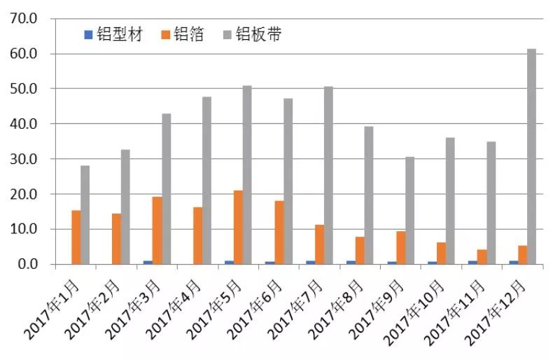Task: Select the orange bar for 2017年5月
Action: [238, 227]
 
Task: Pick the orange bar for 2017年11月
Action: [482, 257]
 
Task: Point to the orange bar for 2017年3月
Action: [157, 230]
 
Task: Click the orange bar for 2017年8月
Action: [360, 250]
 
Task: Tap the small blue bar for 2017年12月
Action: [514, 262]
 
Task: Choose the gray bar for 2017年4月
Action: [206, 180]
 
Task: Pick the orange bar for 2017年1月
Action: [76, 237]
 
